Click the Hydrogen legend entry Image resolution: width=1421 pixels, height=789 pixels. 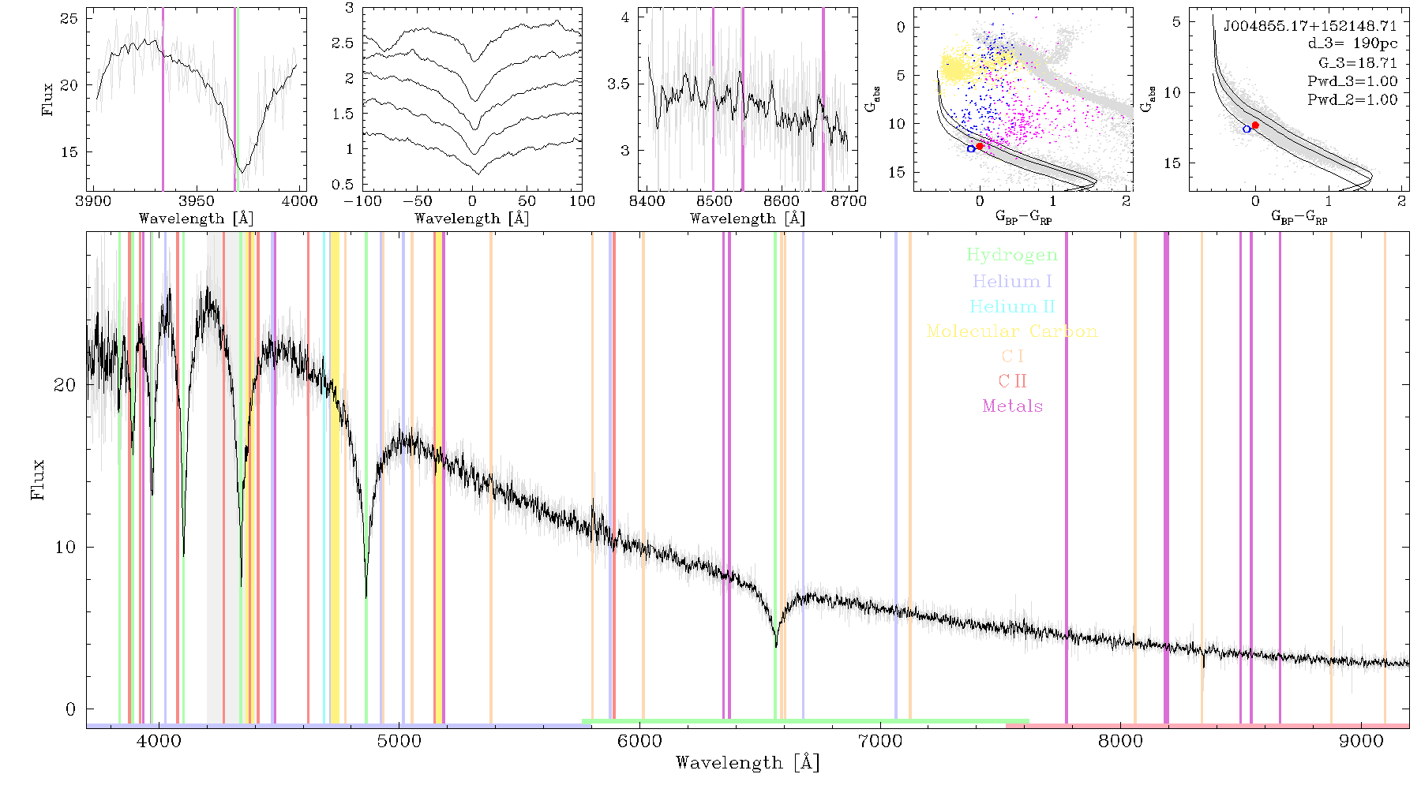1012,255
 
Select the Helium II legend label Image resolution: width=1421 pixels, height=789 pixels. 1012,306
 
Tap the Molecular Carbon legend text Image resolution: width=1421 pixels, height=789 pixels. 1012,331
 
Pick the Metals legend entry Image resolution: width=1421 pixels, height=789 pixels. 1013,406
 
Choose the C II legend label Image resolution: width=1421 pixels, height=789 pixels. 1013,381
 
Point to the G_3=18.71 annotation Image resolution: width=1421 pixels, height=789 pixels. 1358,63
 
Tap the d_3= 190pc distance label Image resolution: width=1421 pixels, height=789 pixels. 1352,44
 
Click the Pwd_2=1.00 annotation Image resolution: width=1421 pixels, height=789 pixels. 1352,99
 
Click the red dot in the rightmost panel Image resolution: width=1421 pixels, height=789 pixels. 1255,125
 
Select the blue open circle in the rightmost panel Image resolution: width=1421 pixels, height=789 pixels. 1247,129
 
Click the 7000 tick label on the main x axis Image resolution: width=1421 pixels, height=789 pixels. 880,741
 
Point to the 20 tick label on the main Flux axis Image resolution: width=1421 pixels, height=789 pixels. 65,385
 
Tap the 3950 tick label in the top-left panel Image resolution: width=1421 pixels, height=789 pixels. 197,200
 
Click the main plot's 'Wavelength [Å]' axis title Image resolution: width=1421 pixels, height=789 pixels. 748,763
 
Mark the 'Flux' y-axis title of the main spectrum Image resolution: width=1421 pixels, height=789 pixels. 37,479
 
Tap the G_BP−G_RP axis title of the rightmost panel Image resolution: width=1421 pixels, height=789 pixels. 1299,217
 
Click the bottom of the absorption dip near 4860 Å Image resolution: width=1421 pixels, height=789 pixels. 366,597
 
